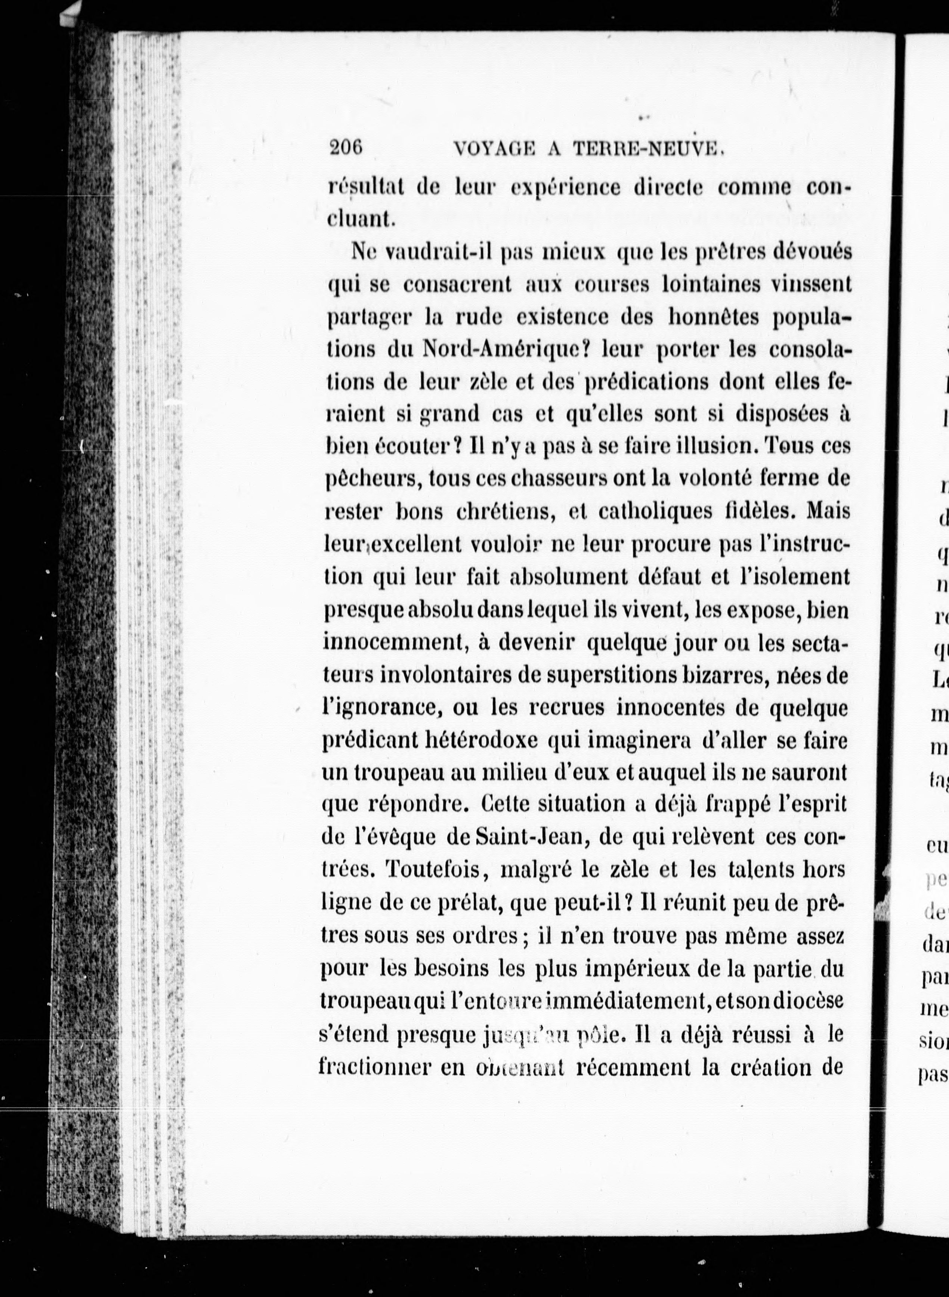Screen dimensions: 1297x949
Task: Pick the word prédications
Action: [645, 382]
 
